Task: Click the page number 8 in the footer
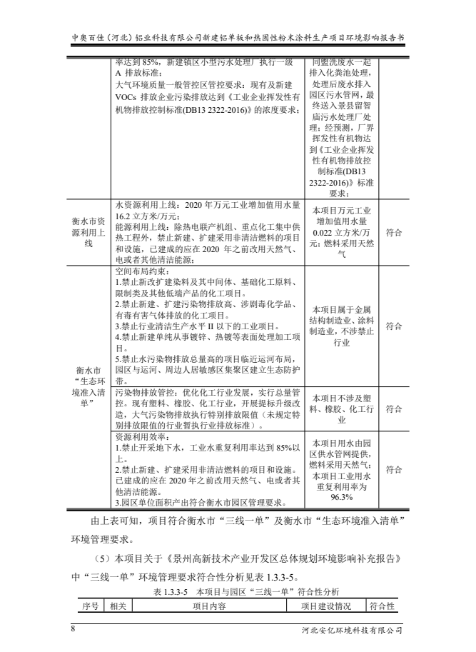[73, 629]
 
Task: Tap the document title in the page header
[238, 36]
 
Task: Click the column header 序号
[89, 606]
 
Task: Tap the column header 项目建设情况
[326, 606]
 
